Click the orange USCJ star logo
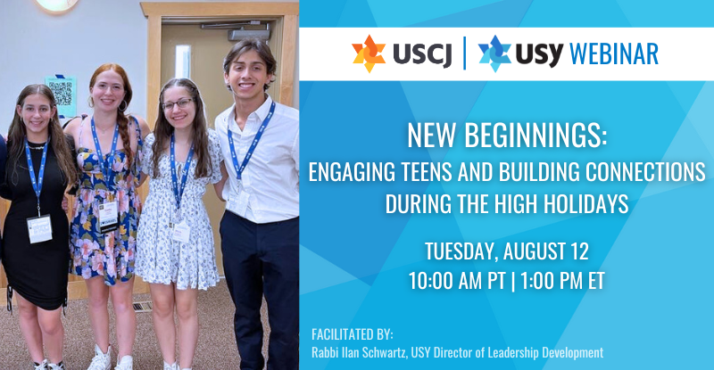tap(369, 53)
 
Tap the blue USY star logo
tap(494, 53)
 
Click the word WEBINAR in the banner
tap(614, 53)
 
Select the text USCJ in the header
tap(422, 54)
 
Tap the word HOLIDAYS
tap(586, 203)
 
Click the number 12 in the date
tap(578, 251)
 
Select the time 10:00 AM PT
tap(456, 281)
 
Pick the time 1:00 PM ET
tap(562, 281)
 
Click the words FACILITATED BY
tap(353, 334)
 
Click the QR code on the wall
tap(61, 94)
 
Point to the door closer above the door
tap(249, 34)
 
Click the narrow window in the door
tap(183, 62)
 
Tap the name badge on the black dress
tap(39, 229)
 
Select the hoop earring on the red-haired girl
tap(123, 105)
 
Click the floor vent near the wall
tap(143, 307)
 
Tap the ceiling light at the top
tap(57, 5)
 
